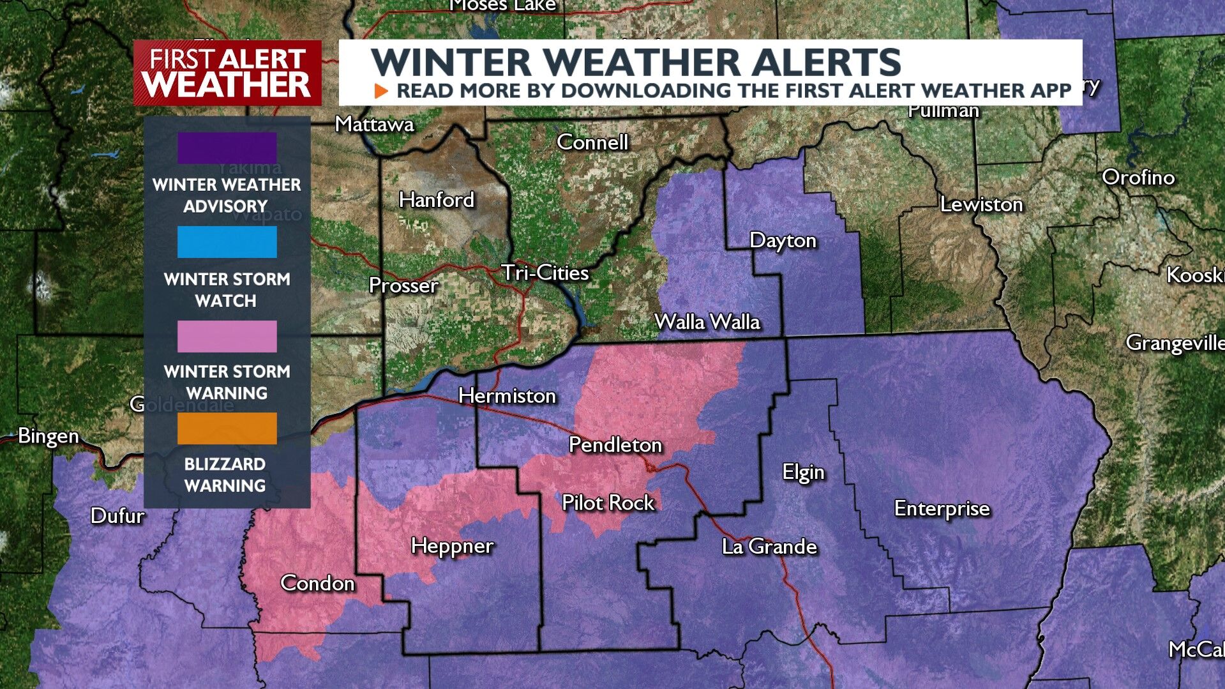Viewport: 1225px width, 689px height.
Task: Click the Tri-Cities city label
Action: [545, 273]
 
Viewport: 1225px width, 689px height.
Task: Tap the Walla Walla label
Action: [707, 321]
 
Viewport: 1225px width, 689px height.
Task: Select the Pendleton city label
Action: [615, 444]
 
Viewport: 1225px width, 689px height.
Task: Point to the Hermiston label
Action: [507, 396]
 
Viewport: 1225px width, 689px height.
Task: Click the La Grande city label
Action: [769, 546]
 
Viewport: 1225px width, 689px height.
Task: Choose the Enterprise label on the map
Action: [942, 508]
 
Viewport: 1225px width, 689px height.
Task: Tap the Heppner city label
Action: [452, 546]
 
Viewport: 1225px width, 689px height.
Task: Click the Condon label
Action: [317, 583]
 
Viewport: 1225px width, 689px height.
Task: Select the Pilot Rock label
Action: [608, 503]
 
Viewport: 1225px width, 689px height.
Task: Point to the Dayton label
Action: [783, 240]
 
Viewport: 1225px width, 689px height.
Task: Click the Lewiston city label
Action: [981, 204]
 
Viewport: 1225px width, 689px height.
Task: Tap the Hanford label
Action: [437, 200]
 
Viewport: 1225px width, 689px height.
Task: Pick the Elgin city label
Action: [803, 473]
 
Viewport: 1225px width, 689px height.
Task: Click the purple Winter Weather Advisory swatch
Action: [227, 148]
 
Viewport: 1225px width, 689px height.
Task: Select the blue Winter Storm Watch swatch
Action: [227, 242]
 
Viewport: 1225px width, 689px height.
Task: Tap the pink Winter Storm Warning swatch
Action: [227, 336]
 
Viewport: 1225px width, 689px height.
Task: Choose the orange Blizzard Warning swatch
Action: [227, 428]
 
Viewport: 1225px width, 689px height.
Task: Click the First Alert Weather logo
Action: [227, 73]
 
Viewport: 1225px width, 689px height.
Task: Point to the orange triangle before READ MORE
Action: [381, 91]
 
